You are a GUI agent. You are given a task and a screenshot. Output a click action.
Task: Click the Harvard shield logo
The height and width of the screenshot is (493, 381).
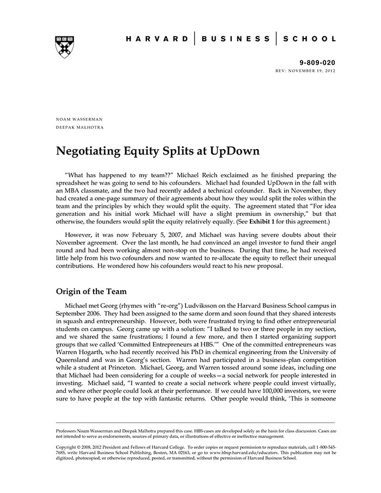tap(65, 47)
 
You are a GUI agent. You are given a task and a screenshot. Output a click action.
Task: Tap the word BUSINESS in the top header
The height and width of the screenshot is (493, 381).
tap(235, 39)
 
